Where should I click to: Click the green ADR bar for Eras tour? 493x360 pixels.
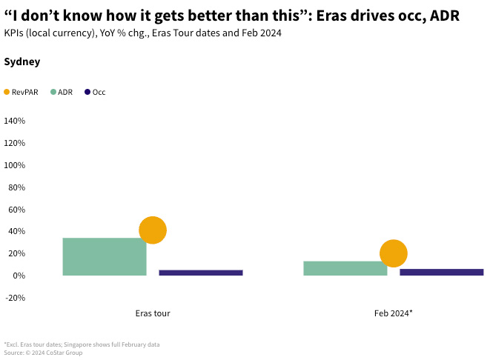(x=104, y=256)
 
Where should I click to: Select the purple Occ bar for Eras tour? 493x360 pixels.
(x=200, y=273)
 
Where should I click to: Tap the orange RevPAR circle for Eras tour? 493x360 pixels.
(x=153, y=230)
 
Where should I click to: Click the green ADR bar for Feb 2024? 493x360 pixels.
(x=345, y=268)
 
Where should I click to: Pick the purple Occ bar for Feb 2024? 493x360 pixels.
(x=441, y=272)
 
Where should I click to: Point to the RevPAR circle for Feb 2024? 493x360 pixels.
(x=393, y=254)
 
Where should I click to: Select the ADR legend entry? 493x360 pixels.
(x=62, y=92)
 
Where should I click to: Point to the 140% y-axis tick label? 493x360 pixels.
(x=15, y=121)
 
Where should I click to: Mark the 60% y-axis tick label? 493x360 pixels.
(x=16, y=210)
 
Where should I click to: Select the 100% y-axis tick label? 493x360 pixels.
(x=15, y=165)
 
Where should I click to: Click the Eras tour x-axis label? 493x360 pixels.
(x=153, y=313)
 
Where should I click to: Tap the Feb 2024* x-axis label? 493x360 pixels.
(x=393, y=313)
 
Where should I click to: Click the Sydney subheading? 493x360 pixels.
(x=22, y=62)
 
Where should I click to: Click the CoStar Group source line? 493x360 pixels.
(x=43, y=353)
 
